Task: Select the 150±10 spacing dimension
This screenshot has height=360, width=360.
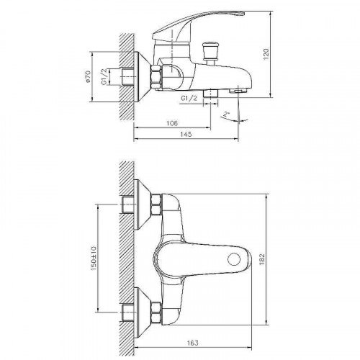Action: pyautogui.click(x=94, y=258)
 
